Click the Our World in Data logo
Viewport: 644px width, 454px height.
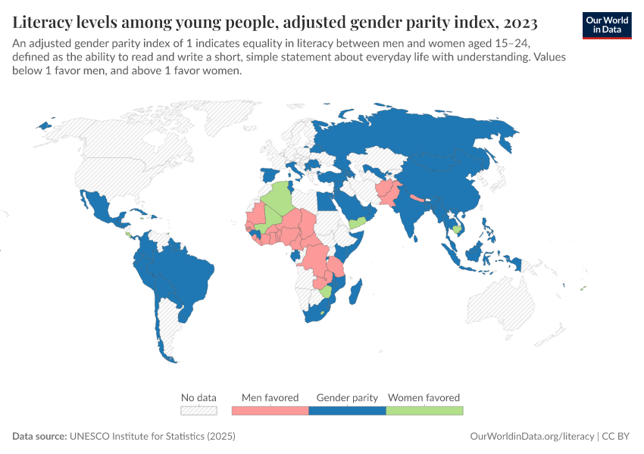(x=607, y=25)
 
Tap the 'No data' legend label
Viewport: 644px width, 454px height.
(x=199, y=397)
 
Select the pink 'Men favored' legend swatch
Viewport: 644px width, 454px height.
(x=270, y=410)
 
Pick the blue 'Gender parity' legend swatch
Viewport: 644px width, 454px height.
(x=347, y=410)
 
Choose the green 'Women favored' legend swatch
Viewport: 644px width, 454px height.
(x=424, y=410)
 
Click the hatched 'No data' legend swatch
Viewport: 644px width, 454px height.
(x=199, y=410)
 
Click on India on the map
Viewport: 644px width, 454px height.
(x=413, y=216)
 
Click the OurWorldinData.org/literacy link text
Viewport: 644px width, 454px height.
(x=532, y=437)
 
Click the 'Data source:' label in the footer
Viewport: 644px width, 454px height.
(x=39, y=437)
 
